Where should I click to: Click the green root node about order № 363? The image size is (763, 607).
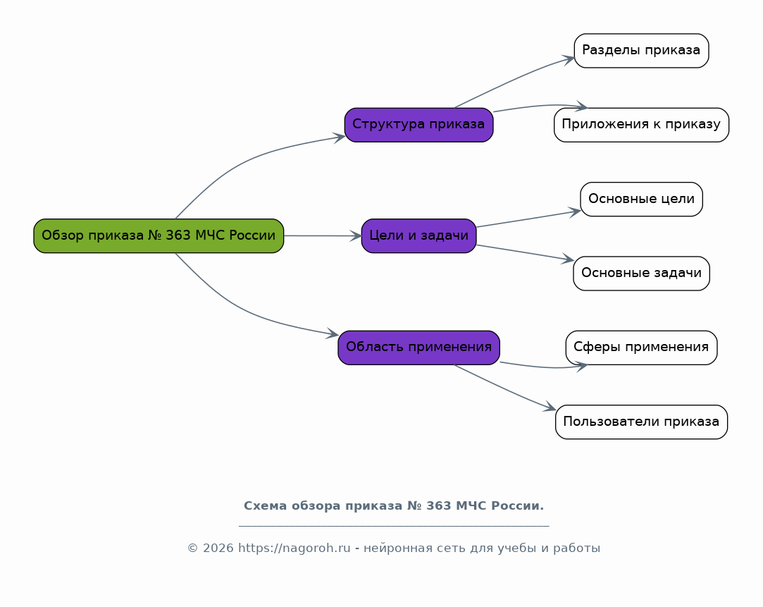[159, 235]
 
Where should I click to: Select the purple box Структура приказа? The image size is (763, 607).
[418, 125]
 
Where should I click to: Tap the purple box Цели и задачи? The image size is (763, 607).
[418, 235]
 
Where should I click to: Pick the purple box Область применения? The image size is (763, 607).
[418, 347]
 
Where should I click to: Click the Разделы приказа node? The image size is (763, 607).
[641, 51]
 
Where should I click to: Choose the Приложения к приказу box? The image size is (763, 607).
[641, 125]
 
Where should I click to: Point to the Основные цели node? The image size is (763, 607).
[641, 199]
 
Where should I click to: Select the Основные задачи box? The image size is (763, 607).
[641, 273]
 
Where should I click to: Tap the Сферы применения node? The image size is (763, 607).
[641, 347]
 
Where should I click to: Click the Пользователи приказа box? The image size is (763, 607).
[641, 422]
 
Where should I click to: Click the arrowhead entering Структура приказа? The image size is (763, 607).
[340, 137]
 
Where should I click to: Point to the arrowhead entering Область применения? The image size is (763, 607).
[333, 335]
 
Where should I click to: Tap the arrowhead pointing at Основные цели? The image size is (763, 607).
[575, 211]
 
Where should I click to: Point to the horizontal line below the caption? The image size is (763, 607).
[393, 526]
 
